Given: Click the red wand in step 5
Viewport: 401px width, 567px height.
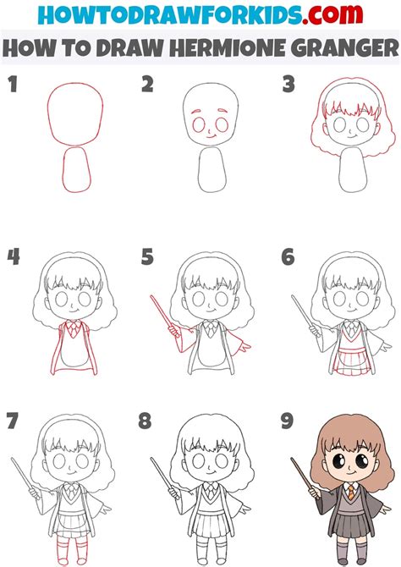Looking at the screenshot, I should pyautogui.click(x=162, y=317).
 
